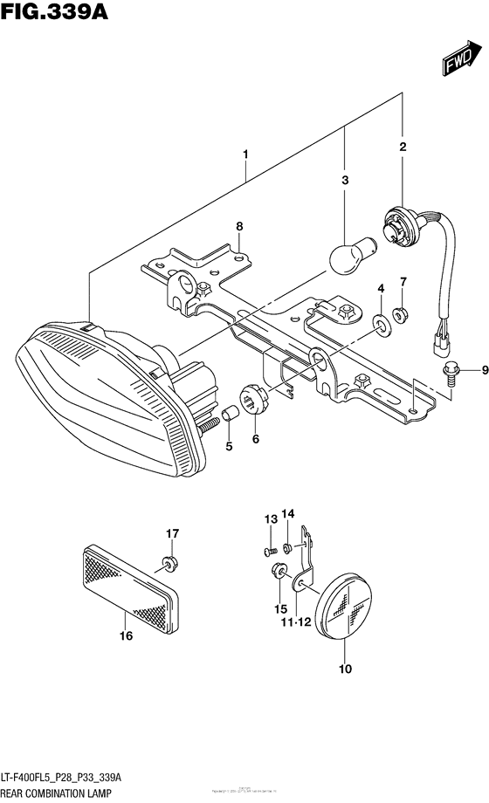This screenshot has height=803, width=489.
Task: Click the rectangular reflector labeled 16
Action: coord(132,581)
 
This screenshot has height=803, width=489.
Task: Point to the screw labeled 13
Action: coord(272,550)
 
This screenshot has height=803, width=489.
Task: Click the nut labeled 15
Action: coord(278,572)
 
